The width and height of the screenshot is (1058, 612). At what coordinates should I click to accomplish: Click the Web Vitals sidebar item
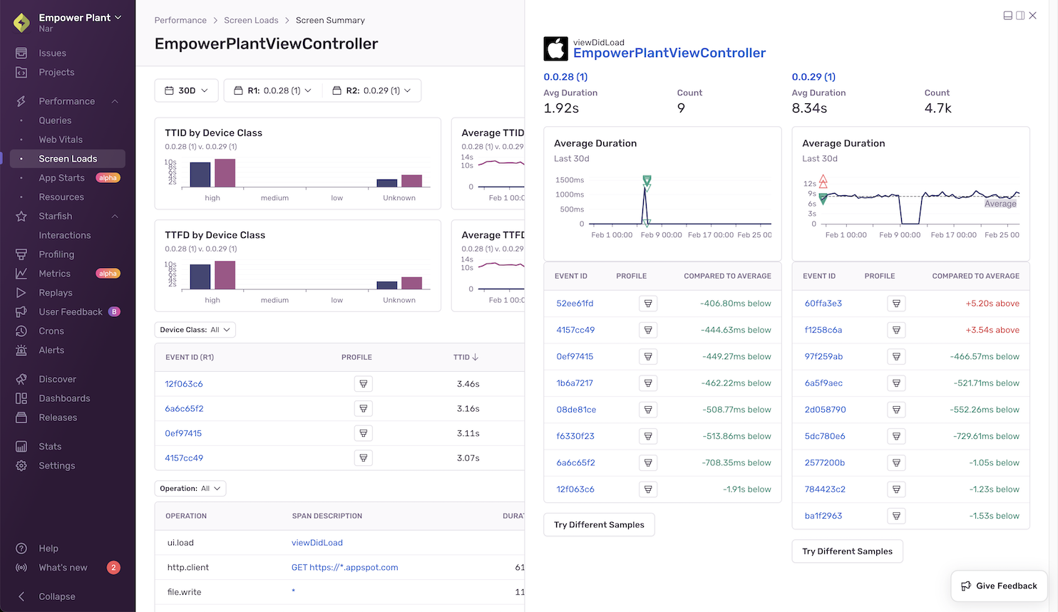pyautogui.click(x=61, y=140)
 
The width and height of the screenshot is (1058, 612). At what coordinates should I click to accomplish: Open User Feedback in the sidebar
pyautogui.click(x=70, y=312)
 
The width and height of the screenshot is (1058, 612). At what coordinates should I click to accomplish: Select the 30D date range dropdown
pyautogui.click(x=186, y=90)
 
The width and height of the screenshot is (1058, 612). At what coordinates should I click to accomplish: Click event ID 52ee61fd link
pyautogui.click(x=575, y=304)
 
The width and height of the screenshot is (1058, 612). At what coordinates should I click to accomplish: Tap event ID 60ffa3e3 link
pyautogui.click(x=823, y=304)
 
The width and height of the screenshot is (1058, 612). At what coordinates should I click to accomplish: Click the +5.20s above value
pyautogui.click(x=992, y=304)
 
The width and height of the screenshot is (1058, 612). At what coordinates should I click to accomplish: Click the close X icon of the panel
pyautogui.click(x=1032, y=16)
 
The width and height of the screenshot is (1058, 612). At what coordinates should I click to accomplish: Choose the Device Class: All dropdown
pyautogui.click(x=195, y=330)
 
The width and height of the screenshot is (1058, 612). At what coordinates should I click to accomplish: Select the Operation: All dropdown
pyautogui.click(x=190, y=489)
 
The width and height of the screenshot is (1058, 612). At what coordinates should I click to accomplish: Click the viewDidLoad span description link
pyautogui.click(x=317, y=543)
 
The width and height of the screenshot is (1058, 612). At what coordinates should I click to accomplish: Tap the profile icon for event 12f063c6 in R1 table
pyautogui.click(x=363, y=384)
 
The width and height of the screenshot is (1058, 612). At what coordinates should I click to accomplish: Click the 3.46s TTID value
pyautogui.click(x=468, y=384)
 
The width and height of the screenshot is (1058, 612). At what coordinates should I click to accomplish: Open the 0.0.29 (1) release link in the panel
pyautogui.click(x=813, y=77)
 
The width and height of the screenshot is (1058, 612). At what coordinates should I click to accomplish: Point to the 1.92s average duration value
pyautogui.click(x=561, y=108)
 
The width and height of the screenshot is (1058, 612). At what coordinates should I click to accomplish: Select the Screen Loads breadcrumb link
pyautogui.click(x=251, y=21)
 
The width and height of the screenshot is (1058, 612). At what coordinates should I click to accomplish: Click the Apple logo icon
pyautogui.click(x=556, y=48)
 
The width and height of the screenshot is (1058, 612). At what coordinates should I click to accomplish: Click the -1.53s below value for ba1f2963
pyautogui.click(x=994, y=516)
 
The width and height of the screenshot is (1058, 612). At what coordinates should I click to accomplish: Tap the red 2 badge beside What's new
pyautogui.click(x=113, y=568)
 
